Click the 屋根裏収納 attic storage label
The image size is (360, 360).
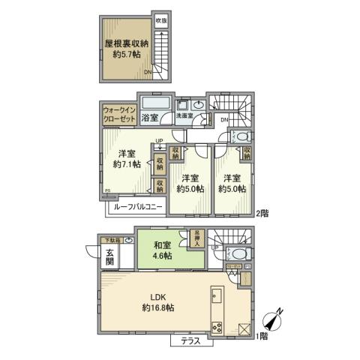click(x=125, y=44)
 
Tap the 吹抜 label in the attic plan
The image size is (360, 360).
click(x=160, y=20)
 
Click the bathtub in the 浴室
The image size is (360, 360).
click(x=156, y=103)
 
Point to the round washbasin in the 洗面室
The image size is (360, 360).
click(x=197, y=105)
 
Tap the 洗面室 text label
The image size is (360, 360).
click(x=184, y=116)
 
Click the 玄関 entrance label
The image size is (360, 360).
click(x=110, y=262)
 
